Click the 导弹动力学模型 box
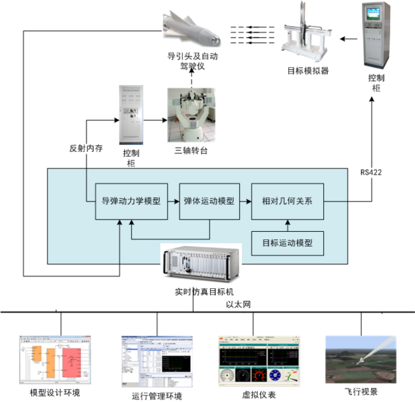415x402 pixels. click(131, 201)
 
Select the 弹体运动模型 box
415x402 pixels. click(208, 201)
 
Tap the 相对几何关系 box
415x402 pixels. click(287, 201)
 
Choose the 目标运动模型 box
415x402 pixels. click(287, 243)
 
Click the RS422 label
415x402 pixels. click(372, 172)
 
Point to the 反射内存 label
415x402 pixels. click(86, 149)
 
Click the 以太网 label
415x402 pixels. click(238, 304)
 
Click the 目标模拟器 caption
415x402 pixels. click(308, 71)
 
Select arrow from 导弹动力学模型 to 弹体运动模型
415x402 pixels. click(173, 201)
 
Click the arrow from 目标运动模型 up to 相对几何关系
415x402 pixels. click(287, 225)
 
